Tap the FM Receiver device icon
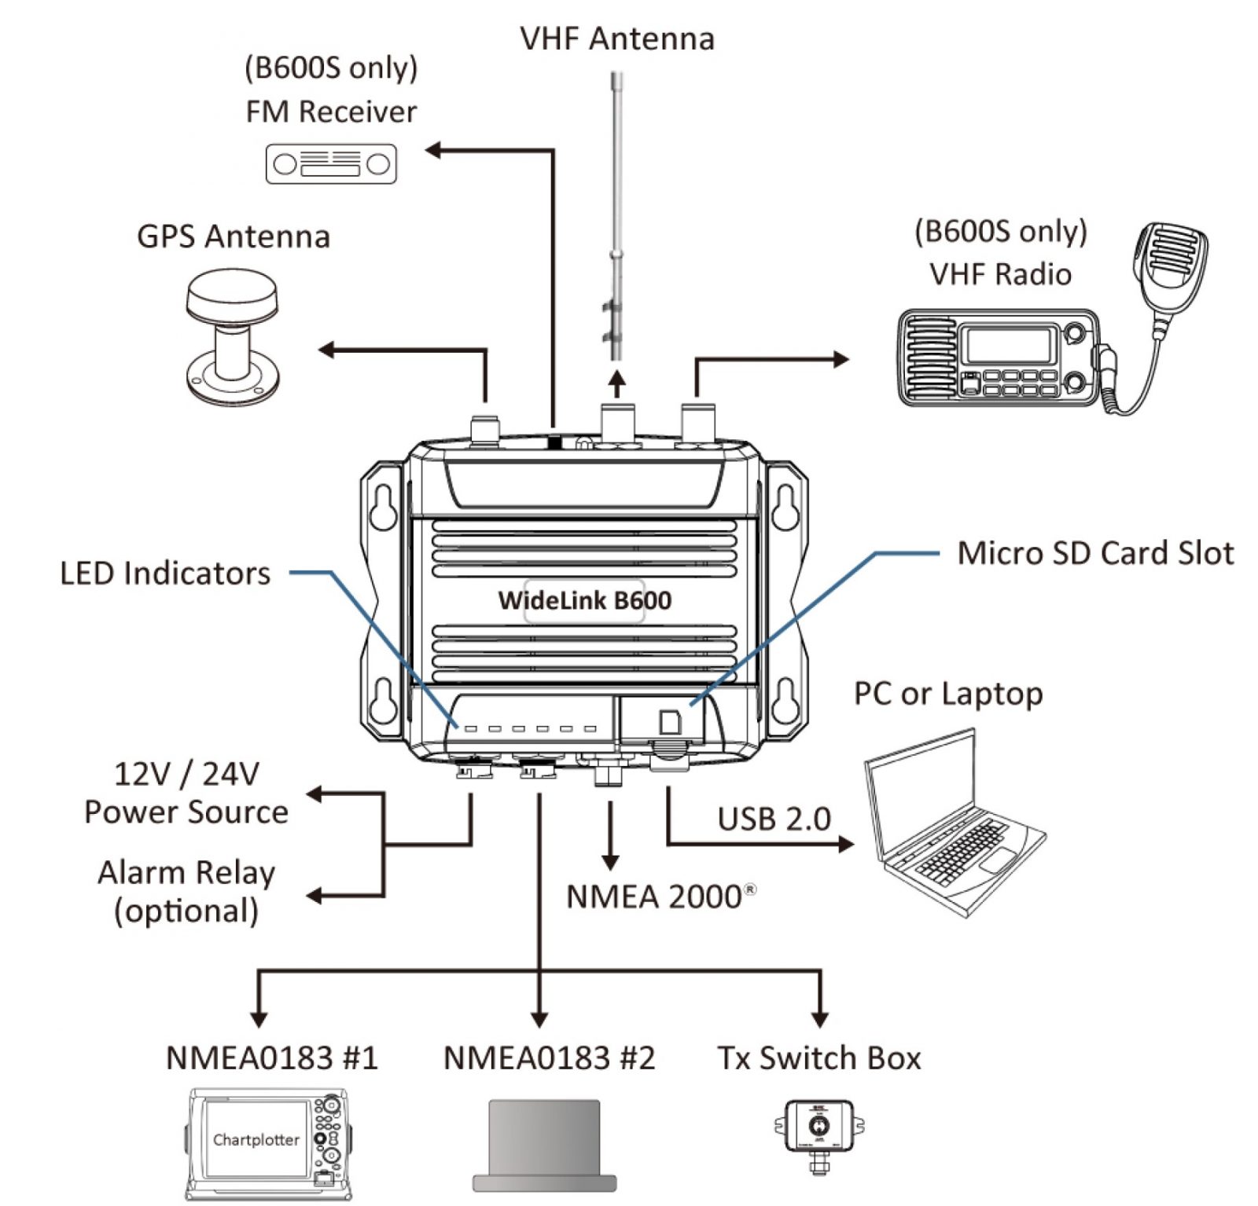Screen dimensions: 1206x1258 [331, 164]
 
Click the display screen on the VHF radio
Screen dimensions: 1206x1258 [1009, 344]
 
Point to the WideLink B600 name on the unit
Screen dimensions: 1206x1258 [584, 601]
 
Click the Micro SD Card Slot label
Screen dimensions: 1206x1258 [1094, 553]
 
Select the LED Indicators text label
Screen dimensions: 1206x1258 [165, 574]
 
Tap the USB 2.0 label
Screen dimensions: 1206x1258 [774, 819]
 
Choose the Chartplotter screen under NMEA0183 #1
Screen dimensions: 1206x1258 [256, 1138]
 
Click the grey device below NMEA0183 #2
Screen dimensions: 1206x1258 [544, 1144]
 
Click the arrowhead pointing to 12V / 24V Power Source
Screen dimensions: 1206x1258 [314, 794]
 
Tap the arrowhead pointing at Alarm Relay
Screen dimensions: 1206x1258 [314, 896]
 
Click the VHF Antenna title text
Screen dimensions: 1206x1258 [617, 38]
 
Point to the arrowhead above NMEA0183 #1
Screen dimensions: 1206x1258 [259, 1019]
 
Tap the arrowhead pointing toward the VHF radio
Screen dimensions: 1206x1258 [841, 359]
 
